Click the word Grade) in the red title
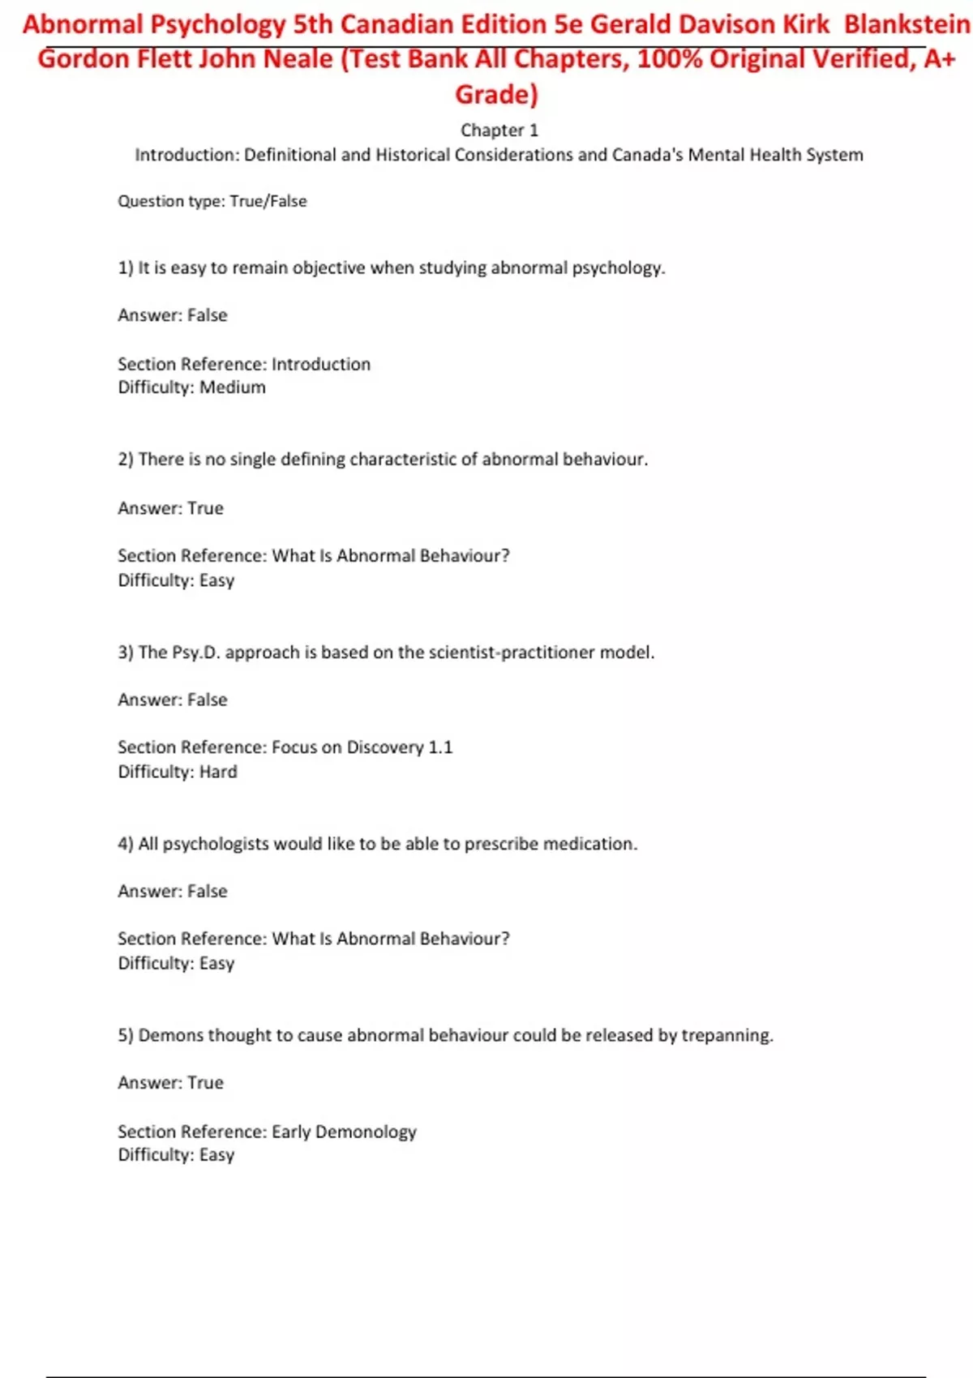tap(496, 95)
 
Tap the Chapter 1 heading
tap(499, 131)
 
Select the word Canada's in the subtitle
tap(647, 155)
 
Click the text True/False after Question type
tap(268, 201)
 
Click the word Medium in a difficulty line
tap(233, 387)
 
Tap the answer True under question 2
tap(205, 508)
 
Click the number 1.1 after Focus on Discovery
tap(440, 747)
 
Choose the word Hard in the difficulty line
tap(218, 772)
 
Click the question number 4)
tap(126, 844)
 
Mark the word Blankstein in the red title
tap(907, 25)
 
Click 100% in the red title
tap(670, 59)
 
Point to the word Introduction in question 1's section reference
tap(321, 365)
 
